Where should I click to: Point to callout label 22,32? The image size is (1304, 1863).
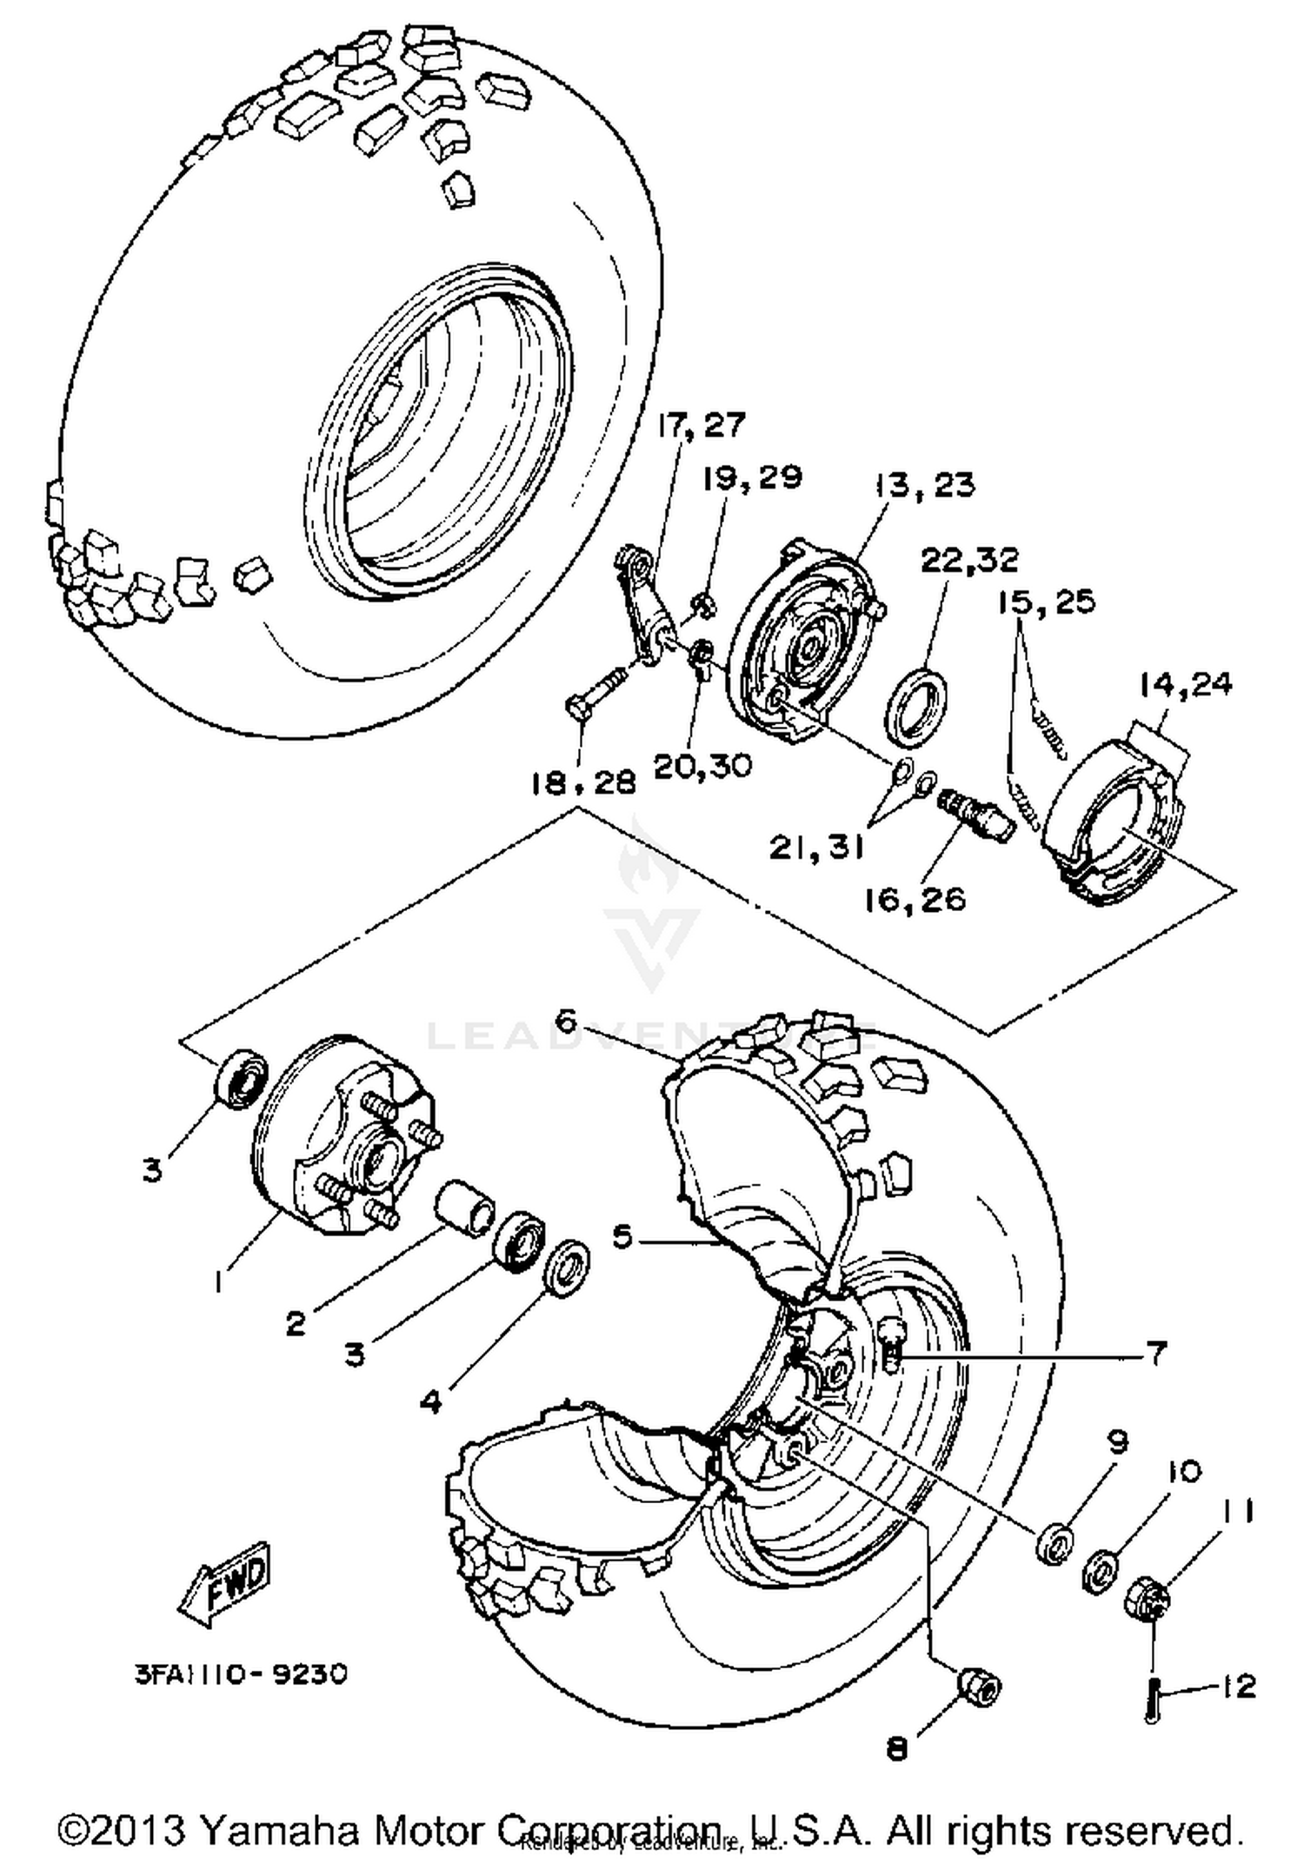tap(968, 560)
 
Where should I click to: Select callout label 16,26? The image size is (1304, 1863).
tap(915, 899)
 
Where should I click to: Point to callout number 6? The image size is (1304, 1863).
tap(566, 1021)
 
